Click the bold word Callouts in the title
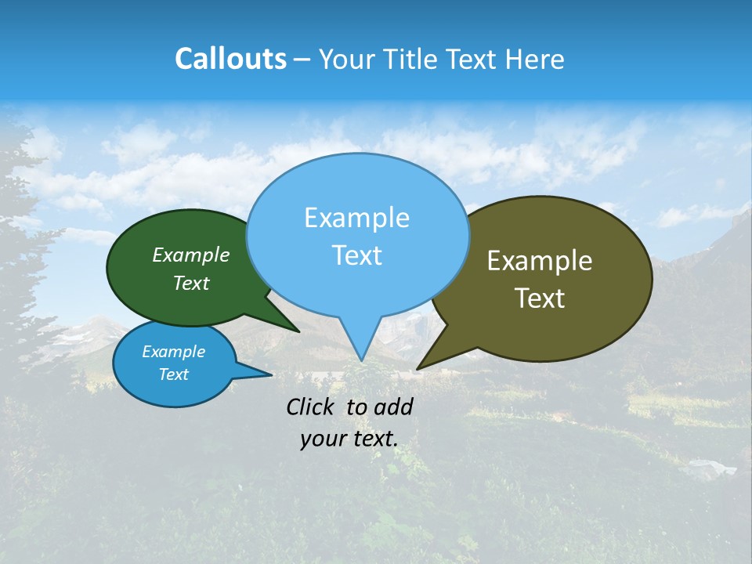[x=230, y=59]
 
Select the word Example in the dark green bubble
[x=191, y=255]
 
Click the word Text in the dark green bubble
[x=191, y=283]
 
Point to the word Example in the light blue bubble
[x=356, y=218]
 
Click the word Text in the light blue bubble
[x=356, y=255]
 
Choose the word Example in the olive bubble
[x=540, y=261]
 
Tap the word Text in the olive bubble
[x=540, y=298]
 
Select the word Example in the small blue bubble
[x=173, y=352]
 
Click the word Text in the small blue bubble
[x=173, y=374]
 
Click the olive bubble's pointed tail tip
[x=418, y=368]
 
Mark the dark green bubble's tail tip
[x=298, y=331]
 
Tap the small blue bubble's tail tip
[x=271, y=375]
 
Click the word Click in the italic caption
[x=311, y=407]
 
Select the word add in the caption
[x=393, y=407]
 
